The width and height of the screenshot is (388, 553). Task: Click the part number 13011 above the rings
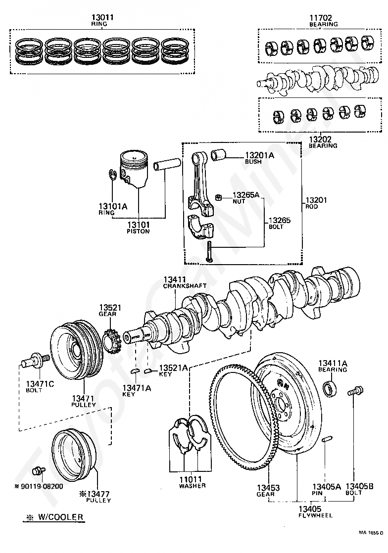point(102,17)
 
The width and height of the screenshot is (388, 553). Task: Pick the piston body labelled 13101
point(134,169)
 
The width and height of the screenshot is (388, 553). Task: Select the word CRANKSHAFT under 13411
point(185,286)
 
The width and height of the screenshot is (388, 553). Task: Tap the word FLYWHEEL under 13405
point(315,515)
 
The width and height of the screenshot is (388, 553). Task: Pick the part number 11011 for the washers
point(191,479)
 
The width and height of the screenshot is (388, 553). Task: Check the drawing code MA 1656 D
point(371,533)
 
